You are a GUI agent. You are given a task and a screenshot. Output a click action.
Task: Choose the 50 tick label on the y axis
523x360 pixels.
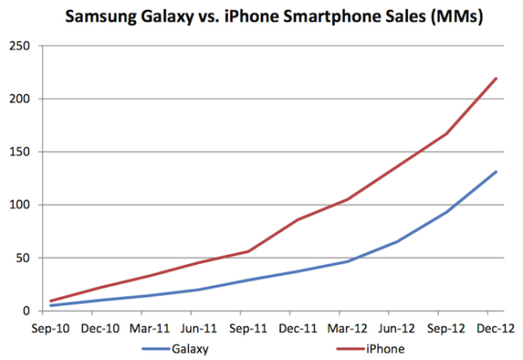pyautogui.click(x=20, y=258)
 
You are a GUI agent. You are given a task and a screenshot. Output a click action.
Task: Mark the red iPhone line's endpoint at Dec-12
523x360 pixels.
pyautogui.click(x=496, y=78)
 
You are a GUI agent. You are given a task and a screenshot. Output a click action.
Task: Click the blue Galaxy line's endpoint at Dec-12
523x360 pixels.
pyautogui.click(x=496, y=172)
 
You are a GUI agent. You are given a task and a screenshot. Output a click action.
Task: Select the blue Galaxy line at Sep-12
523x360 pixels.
pyautogui.click(x=447, y=212)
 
